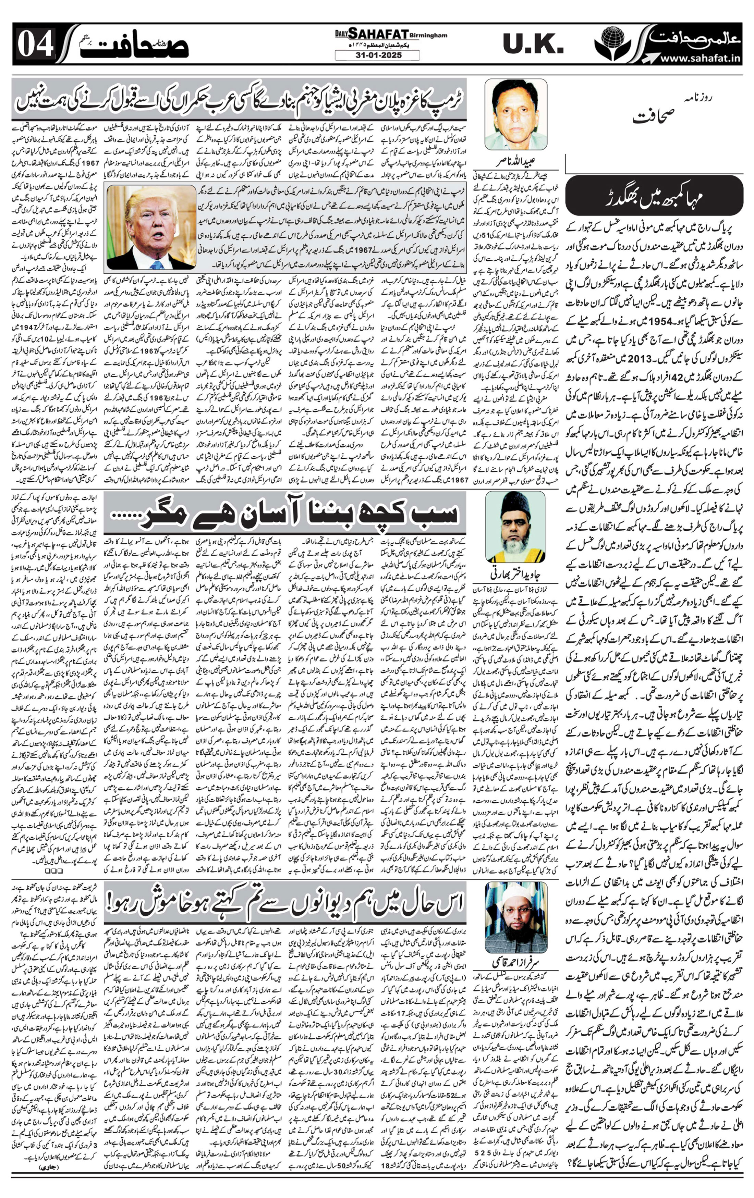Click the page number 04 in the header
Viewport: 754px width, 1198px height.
click(x=36, y=46)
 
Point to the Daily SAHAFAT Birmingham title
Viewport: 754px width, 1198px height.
click(x=391, y=34)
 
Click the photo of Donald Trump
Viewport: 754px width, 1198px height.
click(x=151, y=226)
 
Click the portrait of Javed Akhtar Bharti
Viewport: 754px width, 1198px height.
click(x=515, y=526)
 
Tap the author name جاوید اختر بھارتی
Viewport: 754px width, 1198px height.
click(x=515, y=573)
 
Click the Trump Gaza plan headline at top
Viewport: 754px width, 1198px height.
click(x=239, y=99)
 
